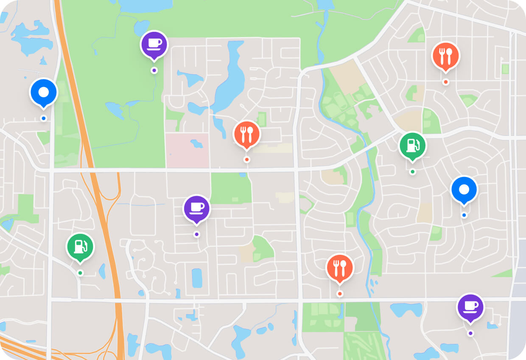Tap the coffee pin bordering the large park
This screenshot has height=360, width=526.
(x=154, y=44)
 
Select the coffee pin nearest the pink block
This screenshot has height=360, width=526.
(x=196, y=208)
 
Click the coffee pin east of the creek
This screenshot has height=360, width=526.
(x=470, y=307)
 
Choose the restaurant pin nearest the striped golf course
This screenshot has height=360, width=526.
(x=339, y=267)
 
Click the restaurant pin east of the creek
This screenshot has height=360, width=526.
(x=445, y=55)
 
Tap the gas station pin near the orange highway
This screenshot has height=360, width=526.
(x=80, y=246)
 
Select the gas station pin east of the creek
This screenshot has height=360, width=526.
(x=412, y=145)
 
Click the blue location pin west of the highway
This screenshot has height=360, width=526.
(x=43, y=92)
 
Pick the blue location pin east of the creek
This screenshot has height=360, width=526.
(x=464, y=189)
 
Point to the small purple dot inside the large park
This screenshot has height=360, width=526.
(x=154, y=70)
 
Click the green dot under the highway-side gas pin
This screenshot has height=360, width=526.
(x=80, y=273)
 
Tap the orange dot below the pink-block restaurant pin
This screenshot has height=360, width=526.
(x=246, y=160)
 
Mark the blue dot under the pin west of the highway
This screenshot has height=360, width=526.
(x=43, y=118)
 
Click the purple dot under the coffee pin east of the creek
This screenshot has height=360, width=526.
(x=470, y=333)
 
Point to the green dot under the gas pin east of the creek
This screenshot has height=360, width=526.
(x=412, y=172)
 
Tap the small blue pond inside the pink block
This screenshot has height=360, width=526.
(x=196, y=143)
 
